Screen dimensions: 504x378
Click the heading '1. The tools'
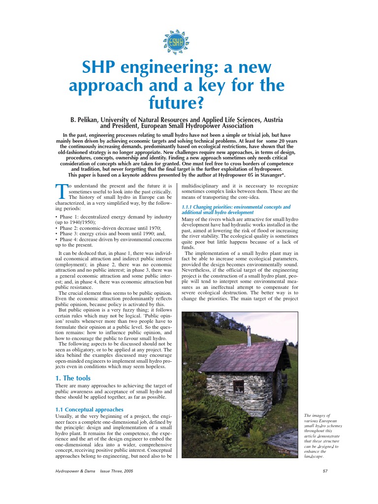click(x=73, y=378)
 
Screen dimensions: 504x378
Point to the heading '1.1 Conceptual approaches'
click(x=89, y=409)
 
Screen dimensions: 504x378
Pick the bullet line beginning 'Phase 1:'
click(x=113, y=217)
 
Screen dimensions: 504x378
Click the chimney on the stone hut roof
click(x=249, y=338)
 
